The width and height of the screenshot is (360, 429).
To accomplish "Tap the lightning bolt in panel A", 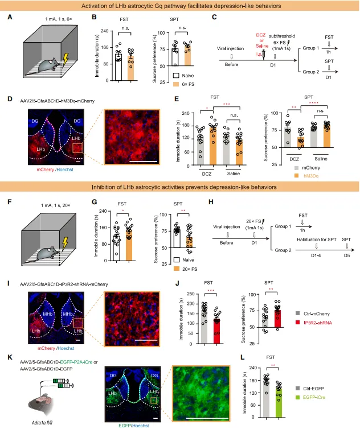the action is point(67,59).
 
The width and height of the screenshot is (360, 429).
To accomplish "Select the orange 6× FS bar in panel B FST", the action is point(130,68).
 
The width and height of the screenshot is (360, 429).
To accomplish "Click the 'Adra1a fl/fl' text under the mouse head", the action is point(29,423).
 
